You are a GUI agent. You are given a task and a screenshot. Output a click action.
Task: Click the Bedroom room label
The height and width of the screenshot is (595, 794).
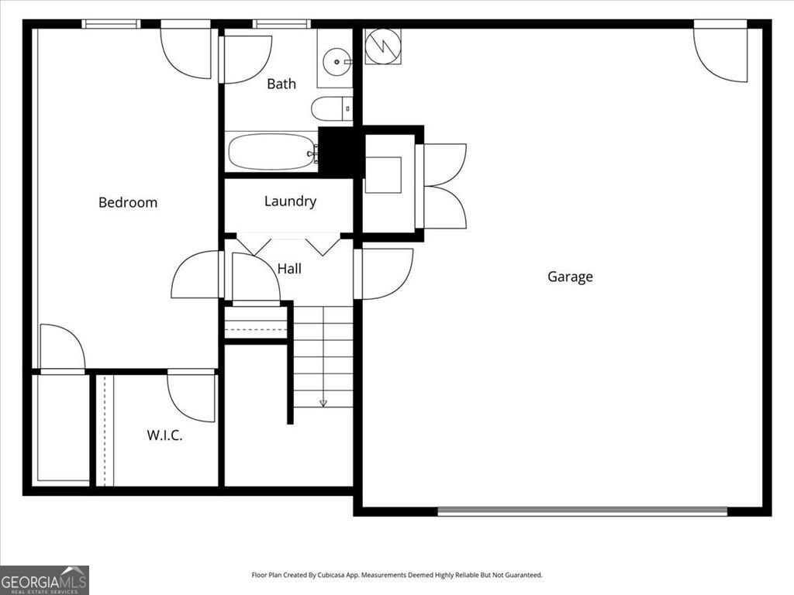[128, 202]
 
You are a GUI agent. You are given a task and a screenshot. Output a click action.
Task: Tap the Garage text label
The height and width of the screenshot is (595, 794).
[570, 277]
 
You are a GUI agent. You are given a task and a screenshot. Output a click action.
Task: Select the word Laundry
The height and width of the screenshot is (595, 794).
[290, 201]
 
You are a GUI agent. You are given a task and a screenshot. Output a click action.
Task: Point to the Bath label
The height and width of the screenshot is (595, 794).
[281, 84]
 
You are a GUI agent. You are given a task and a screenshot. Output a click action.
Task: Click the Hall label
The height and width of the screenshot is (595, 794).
[289, 269]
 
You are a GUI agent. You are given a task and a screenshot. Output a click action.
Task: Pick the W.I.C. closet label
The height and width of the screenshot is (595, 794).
[164, 435]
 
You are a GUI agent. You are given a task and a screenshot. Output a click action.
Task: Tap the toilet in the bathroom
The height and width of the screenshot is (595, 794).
[331, 108]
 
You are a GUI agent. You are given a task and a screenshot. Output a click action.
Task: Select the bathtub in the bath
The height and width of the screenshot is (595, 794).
[271, 152]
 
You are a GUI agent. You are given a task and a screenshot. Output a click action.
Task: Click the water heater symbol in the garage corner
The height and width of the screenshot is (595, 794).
[382, 46]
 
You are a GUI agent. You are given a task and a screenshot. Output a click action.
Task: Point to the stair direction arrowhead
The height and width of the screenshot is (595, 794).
[323, 403]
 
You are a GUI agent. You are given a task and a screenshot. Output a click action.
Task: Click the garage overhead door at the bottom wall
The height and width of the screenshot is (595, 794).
[582, 511]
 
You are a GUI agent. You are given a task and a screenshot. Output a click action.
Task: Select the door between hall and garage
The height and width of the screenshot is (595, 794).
[383, 273]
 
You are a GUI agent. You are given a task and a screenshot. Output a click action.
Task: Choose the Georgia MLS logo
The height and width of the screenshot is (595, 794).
[44, 580]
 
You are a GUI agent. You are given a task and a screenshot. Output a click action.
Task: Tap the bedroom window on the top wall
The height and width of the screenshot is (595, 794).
[111, 24]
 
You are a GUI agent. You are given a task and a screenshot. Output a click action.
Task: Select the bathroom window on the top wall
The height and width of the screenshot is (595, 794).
[281, 24]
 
